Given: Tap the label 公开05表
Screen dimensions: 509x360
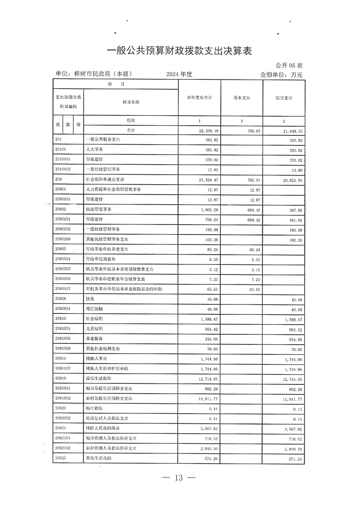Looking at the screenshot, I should click(x=289, y=66).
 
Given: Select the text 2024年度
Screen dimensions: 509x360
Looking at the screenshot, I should click(x=180, y=74).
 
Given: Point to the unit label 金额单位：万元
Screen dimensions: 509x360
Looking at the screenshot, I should click(x=281, y=74).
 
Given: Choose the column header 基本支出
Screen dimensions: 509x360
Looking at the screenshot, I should click(x=242, y=98).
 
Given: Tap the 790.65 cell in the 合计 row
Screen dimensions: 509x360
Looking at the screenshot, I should click(x=251, y=130).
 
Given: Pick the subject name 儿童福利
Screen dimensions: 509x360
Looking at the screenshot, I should click(x=94, y=329).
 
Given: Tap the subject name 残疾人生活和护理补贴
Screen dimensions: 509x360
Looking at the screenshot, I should click(x=107, y=368).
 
